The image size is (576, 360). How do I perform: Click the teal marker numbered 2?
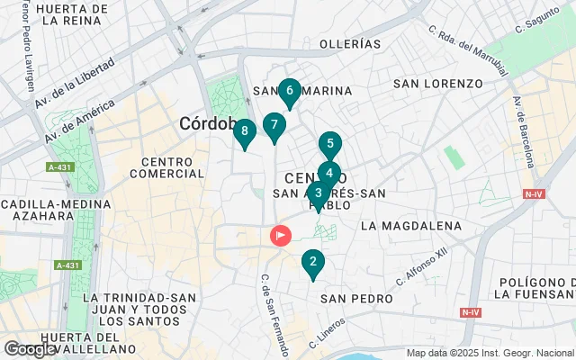pos(312,263)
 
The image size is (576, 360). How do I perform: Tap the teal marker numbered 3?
pos(318,193)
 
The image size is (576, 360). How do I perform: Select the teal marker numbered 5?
pos(330,144)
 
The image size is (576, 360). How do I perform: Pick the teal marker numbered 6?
pos(288,91)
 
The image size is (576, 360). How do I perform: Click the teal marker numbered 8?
pos(244,132)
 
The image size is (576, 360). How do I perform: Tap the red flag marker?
pos(281,236)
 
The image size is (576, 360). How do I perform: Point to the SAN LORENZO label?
pos(438,84)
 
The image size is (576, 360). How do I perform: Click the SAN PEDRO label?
pos(357,299)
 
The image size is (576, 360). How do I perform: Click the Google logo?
pos(29,348)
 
